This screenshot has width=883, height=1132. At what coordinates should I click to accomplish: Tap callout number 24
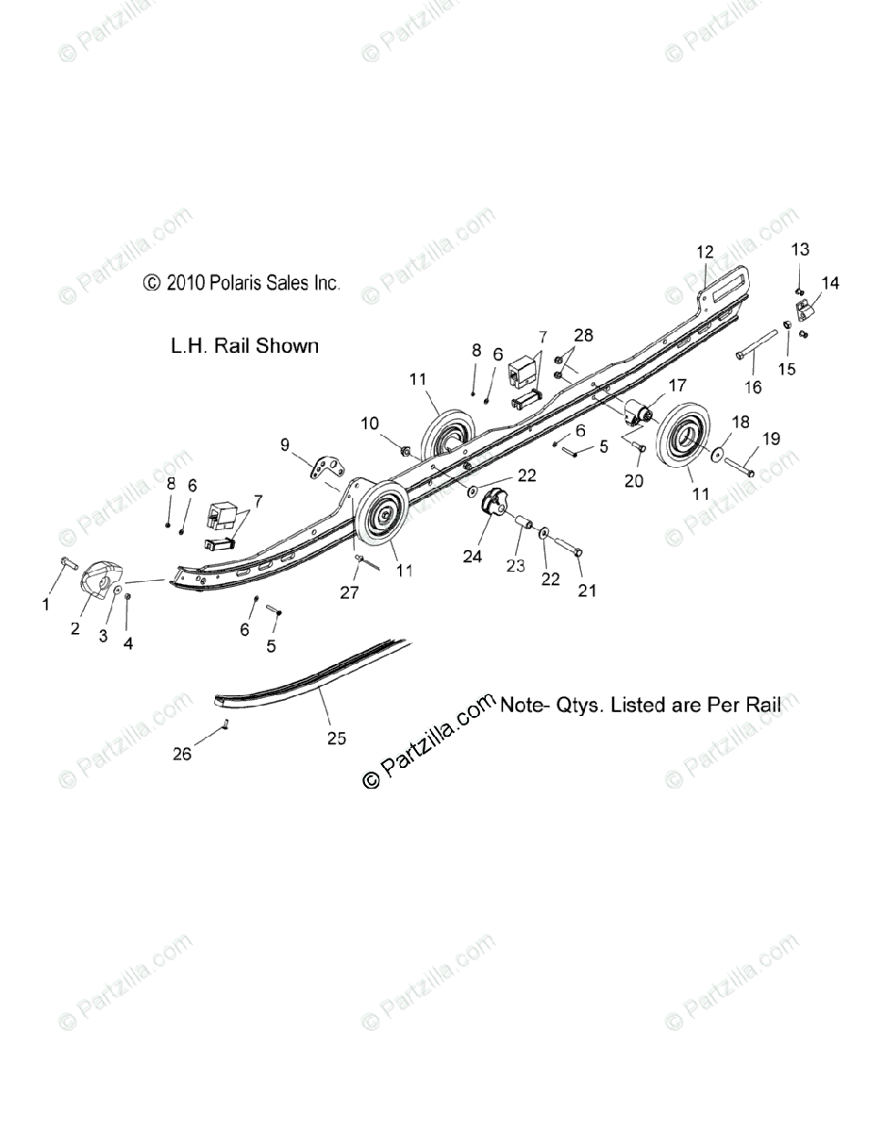(472, 557)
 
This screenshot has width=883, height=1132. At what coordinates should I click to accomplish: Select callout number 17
(677, 385)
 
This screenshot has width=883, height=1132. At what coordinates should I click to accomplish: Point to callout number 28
(584, 336)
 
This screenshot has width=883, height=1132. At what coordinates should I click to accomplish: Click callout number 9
(285, 443)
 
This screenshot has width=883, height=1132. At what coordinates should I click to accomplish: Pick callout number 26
(182, 754)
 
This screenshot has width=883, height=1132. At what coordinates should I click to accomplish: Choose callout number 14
(830, 282)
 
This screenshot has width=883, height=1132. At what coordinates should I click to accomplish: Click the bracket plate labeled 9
(326, 467)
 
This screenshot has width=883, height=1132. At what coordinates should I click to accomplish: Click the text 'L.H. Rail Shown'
(244, 346)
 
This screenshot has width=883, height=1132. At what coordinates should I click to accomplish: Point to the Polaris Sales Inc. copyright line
(242, 282)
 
